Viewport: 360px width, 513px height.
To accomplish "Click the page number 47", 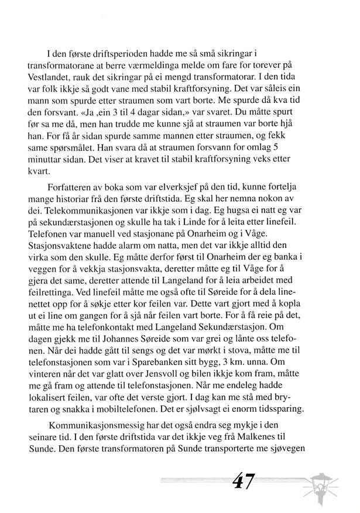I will [x=241, y=481].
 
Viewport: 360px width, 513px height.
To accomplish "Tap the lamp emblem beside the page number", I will [x=327, y=483].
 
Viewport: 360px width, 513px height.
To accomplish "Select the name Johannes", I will [x=113, y=349].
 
